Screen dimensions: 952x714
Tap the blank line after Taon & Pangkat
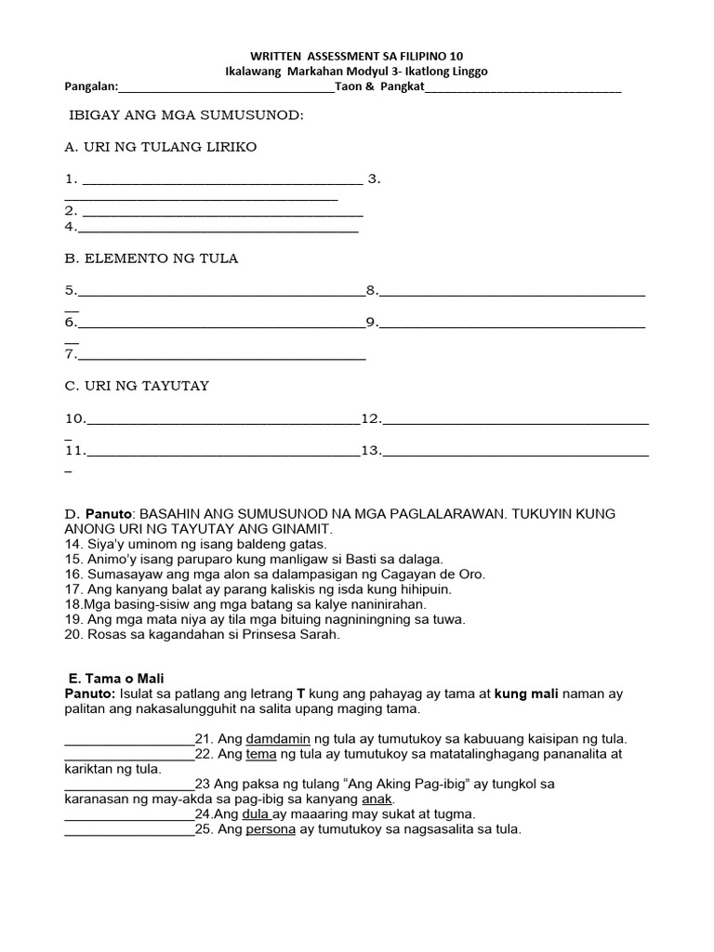click(x=523, y=90)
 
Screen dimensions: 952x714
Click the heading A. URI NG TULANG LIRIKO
click(x=160, y=147)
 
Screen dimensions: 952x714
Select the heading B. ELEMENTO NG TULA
click(x=152, y=258)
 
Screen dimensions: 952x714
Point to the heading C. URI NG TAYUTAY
click(x=137, y=386)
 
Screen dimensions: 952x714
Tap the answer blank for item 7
click(x=222, y=357)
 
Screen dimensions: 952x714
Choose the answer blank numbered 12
click(x=515, y=421)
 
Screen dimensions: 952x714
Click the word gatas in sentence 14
click(x=306, y=543)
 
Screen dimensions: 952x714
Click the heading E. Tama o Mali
click(x=117, y=678)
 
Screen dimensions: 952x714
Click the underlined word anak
click(x=379, y=799)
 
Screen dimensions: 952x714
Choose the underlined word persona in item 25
click(x=271, y=828)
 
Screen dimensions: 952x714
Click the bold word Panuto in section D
click(x=111, y=514)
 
